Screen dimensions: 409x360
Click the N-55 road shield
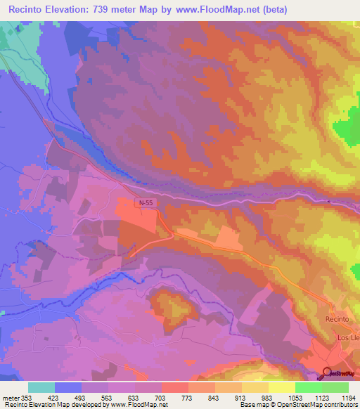pyautogui.click(x=144, y=202)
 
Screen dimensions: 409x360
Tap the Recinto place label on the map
pyautogui.click(x=337, y=319)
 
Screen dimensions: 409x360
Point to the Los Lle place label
pyautogui.click(x=348, y=338)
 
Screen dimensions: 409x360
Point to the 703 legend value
pyautogui.click(x=162, y=398)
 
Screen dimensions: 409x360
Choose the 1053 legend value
pyautogui.click(x=296, y=398)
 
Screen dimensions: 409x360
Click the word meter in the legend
pyautogui.click(x=10, y=398)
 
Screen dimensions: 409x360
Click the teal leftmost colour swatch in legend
pyautogui.click(x=41, y=387)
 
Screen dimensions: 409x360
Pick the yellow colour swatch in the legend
pyautogui.click(x=282, y=387)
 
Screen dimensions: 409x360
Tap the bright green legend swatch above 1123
pyautogui.click(x=309, y=387)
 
